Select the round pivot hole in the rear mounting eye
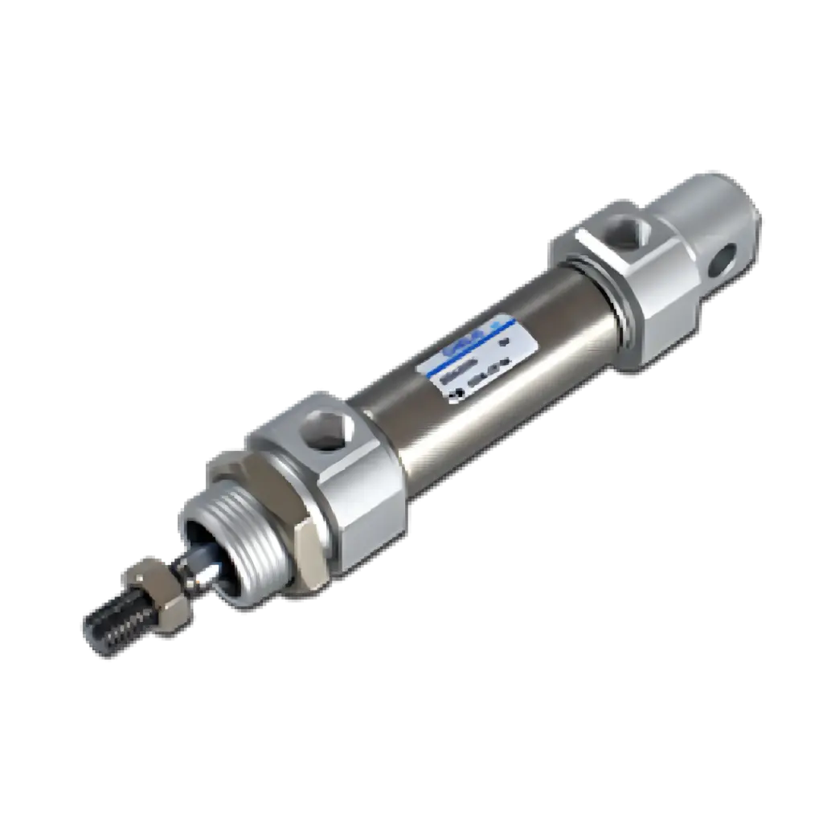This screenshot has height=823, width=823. click(725, 259)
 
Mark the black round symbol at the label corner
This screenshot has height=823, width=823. click(454, 393)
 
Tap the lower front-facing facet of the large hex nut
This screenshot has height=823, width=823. click(309, 555)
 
